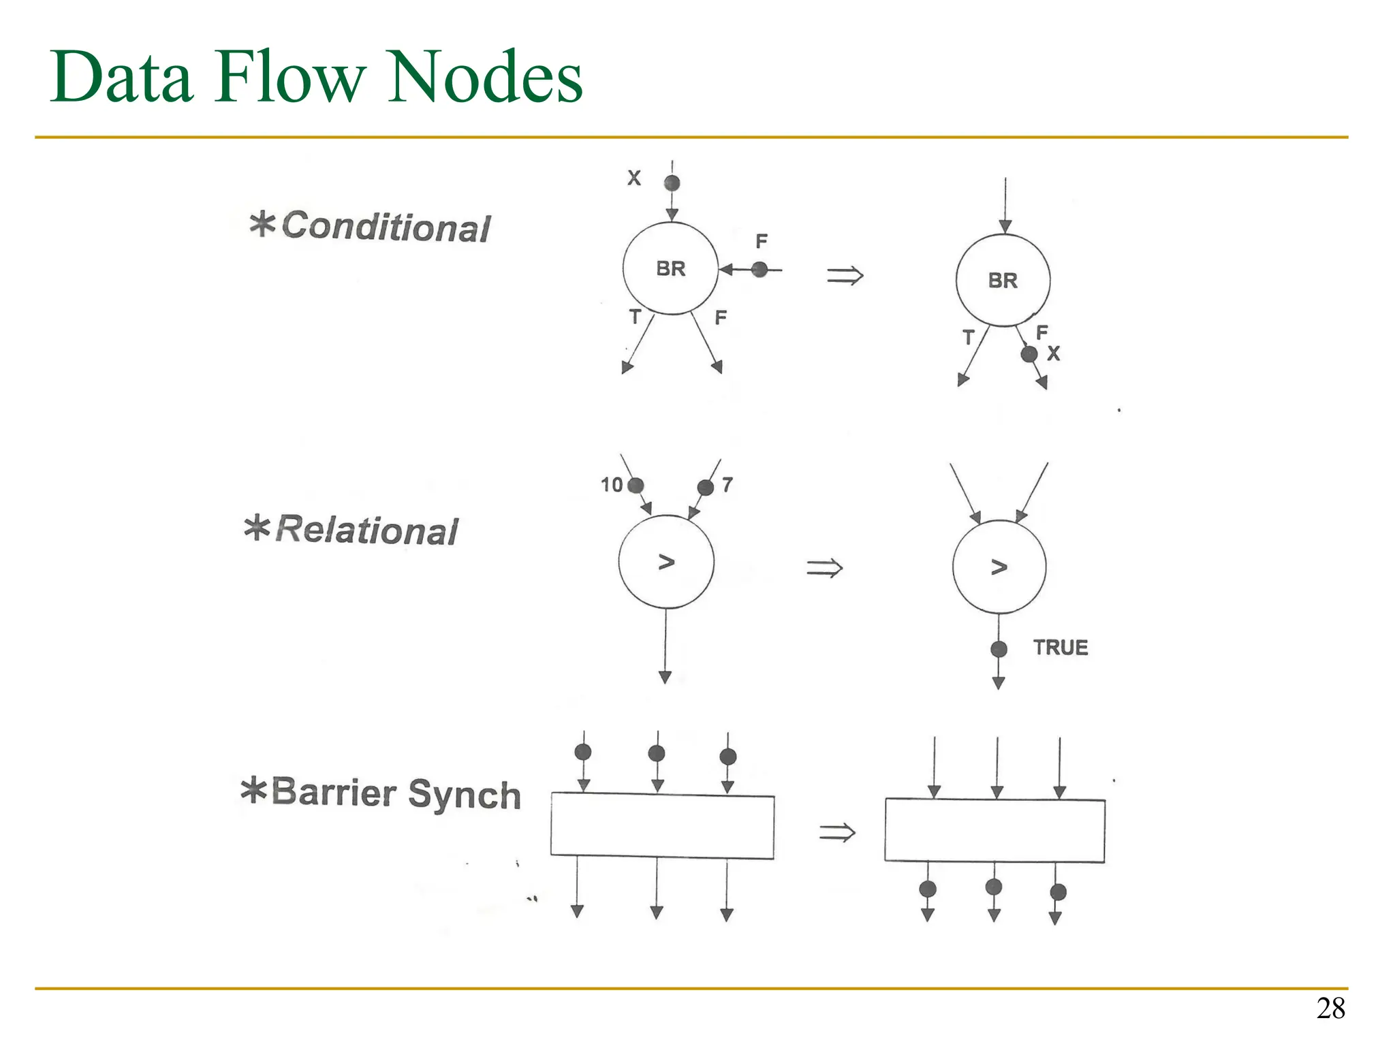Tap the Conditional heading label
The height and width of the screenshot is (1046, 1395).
tap(370, 226)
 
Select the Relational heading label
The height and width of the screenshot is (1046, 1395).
tap(351, 530)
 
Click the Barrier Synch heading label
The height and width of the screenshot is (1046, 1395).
tap(381, 793)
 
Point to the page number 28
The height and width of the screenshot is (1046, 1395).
tap(1330, 1009)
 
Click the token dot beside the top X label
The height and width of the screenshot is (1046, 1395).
tap(672, 183)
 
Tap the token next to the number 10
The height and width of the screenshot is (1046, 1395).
tap(636, 486)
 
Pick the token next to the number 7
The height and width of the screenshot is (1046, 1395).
tap(706, 488)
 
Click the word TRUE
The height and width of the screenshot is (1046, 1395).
tap(1060, 648)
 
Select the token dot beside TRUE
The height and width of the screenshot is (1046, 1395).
tap(999, 649)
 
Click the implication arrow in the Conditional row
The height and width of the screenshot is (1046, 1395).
tap(845, 276)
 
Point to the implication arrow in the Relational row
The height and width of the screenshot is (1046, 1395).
tap(824, 568)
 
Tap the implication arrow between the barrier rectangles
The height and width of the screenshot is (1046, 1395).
tap(836, 832)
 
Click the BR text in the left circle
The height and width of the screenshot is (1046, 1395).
tap(671, 269)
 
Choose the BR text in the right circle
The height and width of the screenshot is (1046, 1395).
tap(1003, 281)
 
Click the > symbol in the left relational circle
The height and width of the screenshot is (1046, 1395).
tap(666, 562)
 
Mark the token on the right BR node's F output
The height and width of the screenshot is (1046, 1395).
tap(1029, 354)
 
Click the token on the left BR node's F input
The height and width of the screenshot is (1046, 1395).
tap(759, 270)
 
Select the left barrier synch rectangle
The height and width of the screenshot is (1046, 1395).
tap(662, 825)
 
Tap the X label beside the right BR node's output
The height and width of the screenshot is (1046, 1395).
tap(1054, 353)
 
